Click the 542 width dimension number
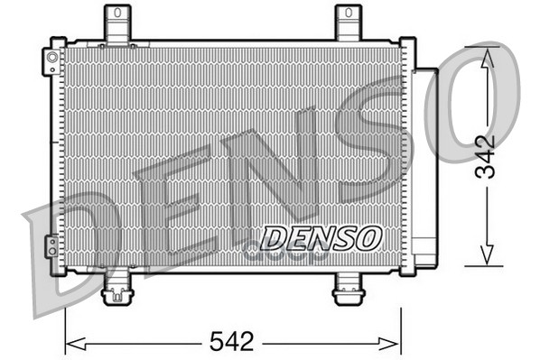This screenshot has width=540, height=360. (231, 341)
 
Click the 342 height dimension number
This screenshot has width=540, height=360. (485, 157)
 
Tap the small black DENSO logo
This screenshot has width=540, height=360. (321, 238)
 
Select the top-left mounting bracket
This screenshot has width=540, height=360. (117, 24)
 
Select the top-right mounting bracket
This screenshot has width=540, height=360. (349, 23)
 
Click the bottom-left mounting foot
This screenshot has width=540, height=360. (117, 288)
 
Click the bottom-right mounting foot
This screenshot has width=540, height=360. (349, 289)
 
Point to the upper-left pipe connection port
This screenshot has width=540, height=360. (52, 61)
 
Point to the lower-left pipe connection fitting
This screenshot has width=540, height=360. (52, 246)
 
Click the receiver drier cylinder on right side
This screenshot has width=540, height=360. (425, 168)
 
